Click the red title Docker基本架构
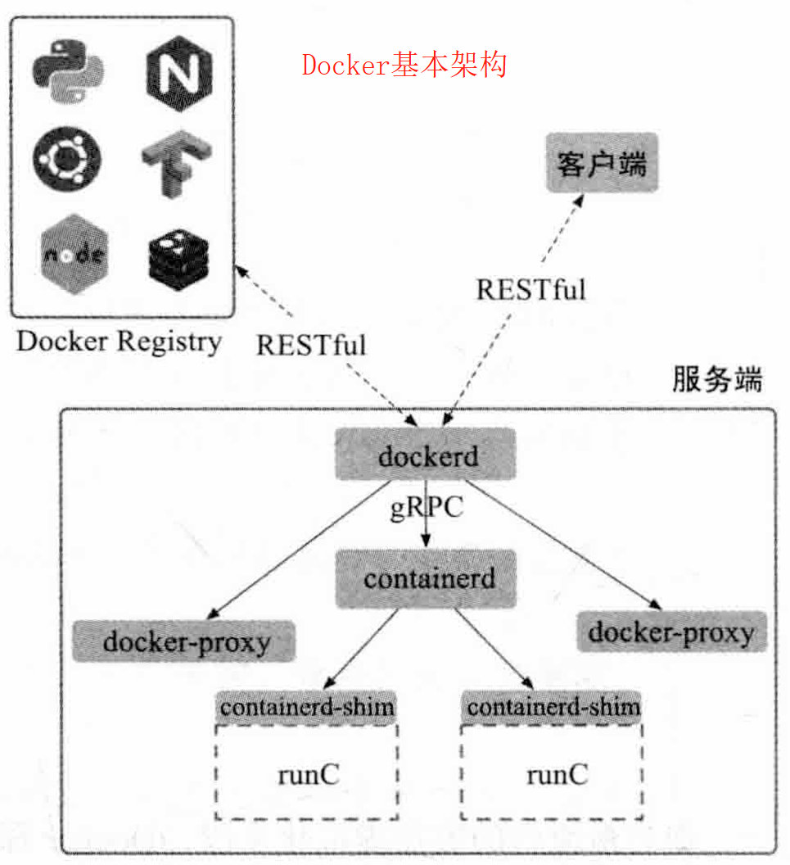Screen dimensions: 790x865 (404, 65)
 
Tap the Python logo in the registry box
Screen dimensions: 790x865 (68, 72)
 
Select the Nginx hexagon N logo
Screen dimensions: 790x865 (179, 74)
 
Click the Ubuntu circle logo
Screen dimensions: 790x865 (66, 159)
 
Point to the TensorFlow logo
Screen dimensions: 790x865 (176, 163)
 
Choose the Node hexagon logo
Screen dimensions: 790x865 (74, 254)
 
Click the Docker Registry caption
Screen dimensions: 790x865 (119, 342)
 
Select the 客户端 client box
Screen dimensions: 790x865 (602, 163)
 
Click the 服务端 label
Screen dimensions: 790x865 (717, 379)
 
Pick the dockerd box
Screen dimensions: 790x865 (426, 454)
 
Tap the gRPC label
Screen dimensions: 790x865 (427, 508)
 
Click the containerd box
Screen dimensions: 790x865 (427, 578)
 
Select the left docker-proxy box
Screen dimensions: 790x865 (184, 641)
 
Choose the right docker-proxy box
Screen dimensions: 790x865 (671, 632)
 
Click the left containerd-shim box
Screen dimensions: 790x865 (306, 707)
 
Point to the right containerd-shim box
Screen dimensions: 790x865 (552, 707)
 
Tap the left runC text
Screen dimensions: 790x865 (308, 775)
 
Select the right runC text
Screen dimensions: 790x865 (558, 775)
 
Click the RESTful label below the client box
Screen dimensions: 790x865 (530, 290)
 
